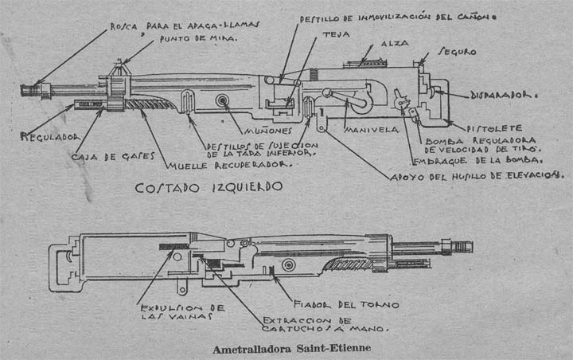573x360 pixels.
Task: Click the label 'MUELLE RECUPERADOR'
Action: click(x=229, y=166)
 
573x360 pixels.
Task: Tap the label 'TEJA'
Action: click(x=333, y=35)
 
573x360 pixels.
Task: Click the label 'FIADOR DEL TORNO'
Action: click(x=344, y=303)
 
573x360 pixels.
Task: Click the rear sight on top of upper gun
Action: click(x=363, y=61)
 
